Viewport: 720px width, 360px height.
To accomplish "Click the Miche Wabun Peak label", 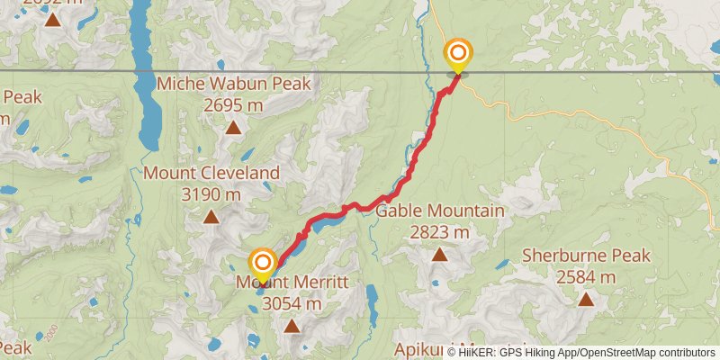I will [x=233, y=84].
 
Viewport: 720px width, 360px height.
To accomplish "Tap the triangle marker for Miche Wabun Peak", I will [x=233, y=127].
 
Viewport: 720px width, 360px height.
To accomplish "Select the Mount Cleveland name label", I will [x=211, y=173].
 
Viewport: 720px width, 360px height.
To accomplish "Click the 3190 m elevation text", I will [x=211, y=193].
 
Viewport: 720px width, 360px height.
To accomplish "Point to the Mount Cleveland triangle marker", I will [x=211, y=216].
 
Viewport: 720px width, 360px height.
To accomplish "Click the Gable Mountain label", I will [x=439, y=211].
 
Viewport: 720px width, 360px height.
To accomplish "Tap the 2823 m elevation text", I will [x=439, y=232].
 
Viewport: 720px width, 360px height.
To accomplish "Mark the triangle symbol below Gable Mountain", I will [x=439, y=255].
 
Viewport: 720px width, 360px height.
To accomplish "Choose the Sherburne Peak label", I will [x=586, y=256].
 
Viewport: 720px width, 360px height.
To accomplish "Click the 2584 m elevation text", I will [x=586, y=277].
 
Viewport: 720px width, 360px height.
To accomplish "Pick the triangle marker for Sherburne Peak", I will [x=586, y=300].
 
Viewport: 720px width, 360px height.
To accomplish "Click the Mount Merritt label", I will [x=292, y=283].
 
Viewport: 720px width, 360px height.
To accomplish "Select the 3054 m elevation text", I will [x=292, y=304].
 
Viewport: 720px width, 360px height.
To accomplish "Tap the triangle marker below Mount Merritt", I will [x=292, y=326].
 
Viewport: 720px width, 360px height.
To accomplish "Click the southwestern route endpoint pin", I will [x=263, y=263].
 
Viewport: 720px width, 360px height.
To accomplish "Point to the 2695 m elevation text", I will [x=233, y=104].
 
